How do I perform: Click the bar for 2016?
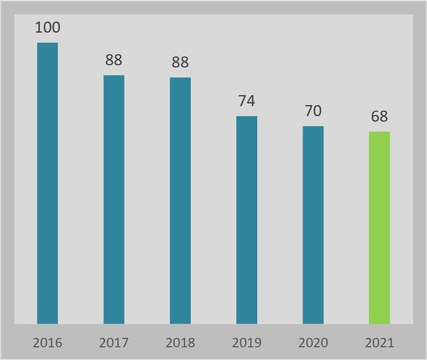click(48, 182)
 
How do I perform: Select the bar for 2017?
click(114, 199)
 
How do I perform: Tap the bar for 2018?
click(180, 200)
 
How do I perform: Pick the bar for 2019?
click(247, 220)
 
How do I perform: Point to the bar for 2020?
click(313, 225)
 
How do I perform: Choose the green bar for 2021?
click(379, 227)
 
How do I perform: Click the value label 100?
click(48, 28)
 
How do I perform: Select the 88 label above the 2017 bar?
click(114, 60)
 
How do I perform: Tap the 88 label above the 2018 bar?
click(180, 62)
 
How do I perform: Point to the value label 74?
click(247, 101)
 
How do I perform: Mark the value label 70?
click(313, 111)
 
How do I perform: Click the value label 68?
click(379, 117)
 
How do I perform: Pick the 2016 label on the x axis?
click(48, 343)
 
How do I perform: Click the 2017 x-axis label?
click(114, 343)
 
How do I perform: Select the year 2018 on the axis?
click(180, 343)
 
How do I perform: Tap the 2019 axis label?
click(247, 343)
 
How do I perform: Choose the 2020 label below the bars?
click(313, 343)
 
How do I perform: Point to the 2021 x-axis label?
click(379, 343)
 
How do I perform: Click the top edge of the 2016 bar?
click(48, 43)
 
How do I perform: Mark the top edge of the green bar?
click(379, 132)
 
